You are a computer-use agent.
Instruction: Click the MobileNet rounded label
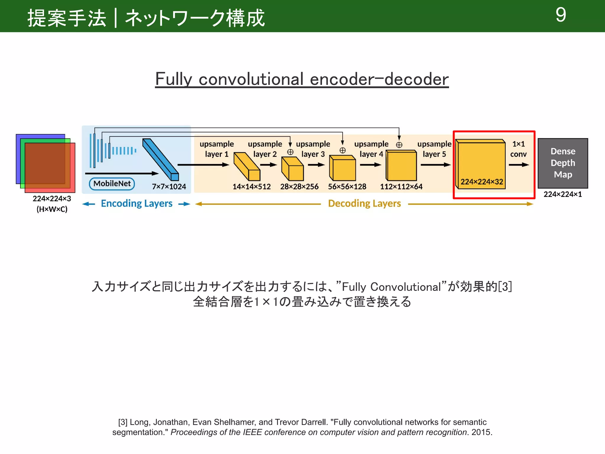click(x=112, y=184)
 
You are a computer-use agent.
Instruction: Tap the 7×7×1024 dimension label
click(x=169, y=187)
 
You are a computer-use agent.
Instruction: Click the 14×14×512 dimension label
click(x=251, y=187)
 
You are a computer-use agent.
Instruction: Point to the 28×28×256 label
click(x=299, y=187)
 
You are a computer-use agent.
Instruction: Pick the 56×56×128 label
click(x=347, y=187)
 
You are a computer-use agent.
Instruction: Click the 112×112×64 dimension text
click(x=401, y=187)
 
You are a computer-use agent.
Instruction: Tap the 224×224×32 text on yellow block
click(x=482, y=181)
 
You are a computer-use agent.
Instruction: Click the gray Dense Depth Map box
click(x=563, y=163)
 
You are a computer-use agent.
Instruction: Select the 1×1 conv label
click(x=518, y=149)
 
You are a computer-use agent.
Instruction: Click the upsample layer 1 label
click(x=217, y=149)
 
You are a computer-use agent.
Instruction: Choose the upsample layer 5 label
click(x=434, y=149)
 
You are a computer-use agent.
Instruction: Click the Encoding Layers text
click(x=136, y=204)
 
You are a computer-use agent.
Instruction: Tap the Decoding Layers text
click(x=364, y=204)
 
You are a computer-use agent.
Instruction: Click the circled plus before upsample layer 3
click(x=290, y=152)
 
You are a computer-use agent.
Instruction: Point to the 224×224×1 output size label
click(x=562, y=194)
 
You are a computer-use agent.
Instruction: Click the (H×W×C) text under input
click(x=52, y=209)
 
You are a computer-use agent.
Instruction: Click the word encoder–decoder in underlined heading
click(x=379, y=79)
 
